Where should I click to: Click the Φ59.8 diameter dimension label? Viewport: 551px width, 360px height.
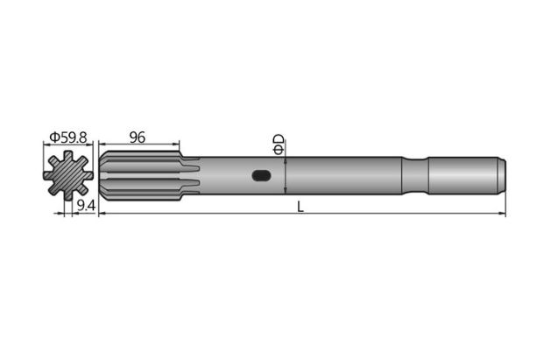pyautogui.click(x=68, y=138)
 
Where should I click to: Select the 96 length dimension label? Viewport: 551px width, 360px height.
pyautogui.click(x=137, y=138)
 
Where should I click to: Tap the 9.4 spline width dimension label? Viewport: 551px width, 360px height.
pyautogui.click(x=85, y=206)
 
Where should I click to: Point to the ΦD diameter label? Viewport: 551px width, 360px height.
pyautogui.click(x=279, y=145)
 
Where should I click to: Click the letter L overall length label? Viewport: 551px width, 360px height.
pyautogui.click(x=300, y=207)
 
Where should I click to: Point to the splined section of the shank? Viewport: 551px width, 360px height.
pyautogui.click(x=140, y=176)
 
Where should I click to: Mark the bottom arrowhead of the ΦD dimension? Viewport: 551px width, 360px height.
pyautogui.click(x=286, y=192)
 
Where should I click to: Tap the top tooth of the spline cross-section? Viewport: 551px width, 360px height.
pyautogui.click(x=69, y=157)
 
